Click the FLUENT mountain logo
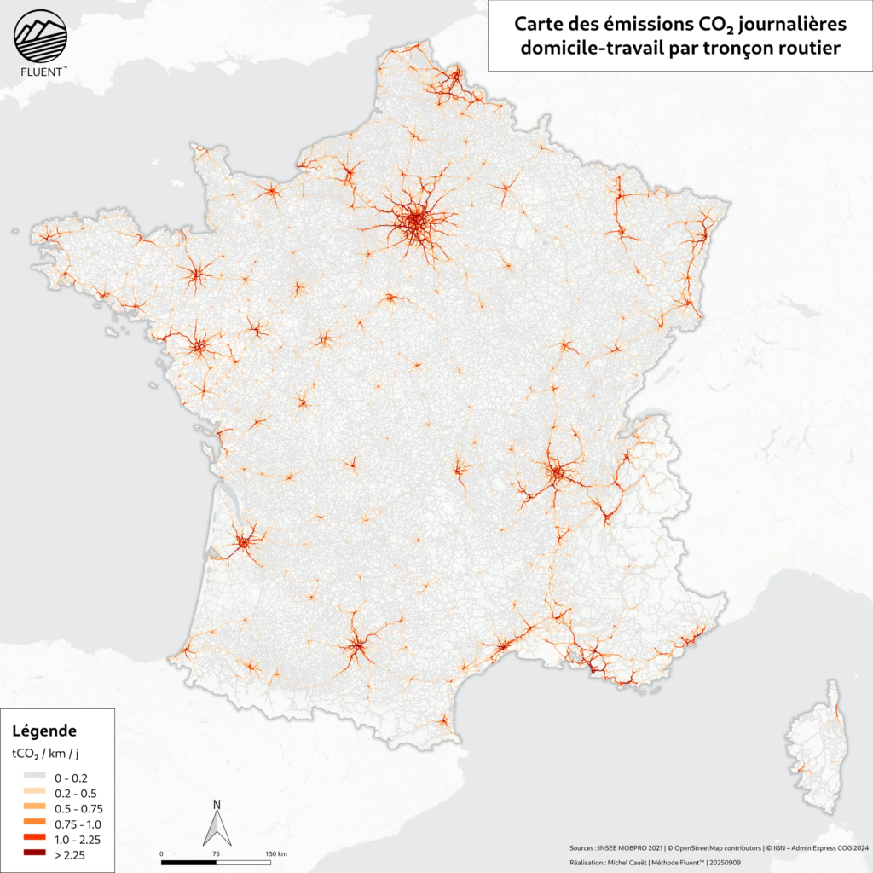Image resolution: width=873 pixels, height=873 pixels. click(40, 36)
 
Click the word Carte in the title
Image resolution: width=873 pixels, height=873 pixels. click(536, 26)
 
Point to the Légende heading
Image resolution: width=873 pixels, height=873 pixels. click(45, 731)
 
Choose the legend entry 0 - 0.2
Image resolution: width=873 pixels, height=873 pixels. click(70, 778)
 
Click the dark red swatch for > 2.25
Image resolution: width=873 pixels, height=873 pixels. click(33, 853)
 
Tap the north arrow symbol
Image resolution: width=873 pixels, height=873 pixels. click(217, 827)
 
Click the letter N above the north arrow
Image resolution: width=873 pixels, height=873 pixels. click(217, 804)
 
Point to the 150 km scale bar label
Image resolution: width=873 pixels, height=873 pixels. click(276, 853)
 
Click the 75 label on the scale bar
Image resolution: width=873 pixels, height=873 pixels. click(217, 853)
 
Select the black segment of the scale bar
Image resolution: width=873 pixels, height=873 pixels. click(188, 861)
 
